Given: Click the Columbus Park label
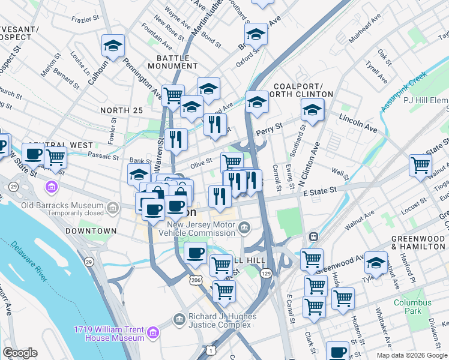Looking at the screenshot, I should (x=412, y=307).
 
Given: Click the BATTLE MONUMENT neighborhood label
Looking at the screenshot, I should (x=177, y=62).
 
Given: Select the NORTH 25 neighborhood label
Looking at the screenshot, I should (x=122, y=110).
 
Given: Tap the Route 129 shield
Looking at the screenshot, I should (x=265, y=273).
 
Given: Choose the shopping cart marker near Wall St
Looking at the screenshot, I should (x=420, y=164).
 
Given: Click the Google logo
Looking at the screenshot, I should (x=20, y=353).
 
